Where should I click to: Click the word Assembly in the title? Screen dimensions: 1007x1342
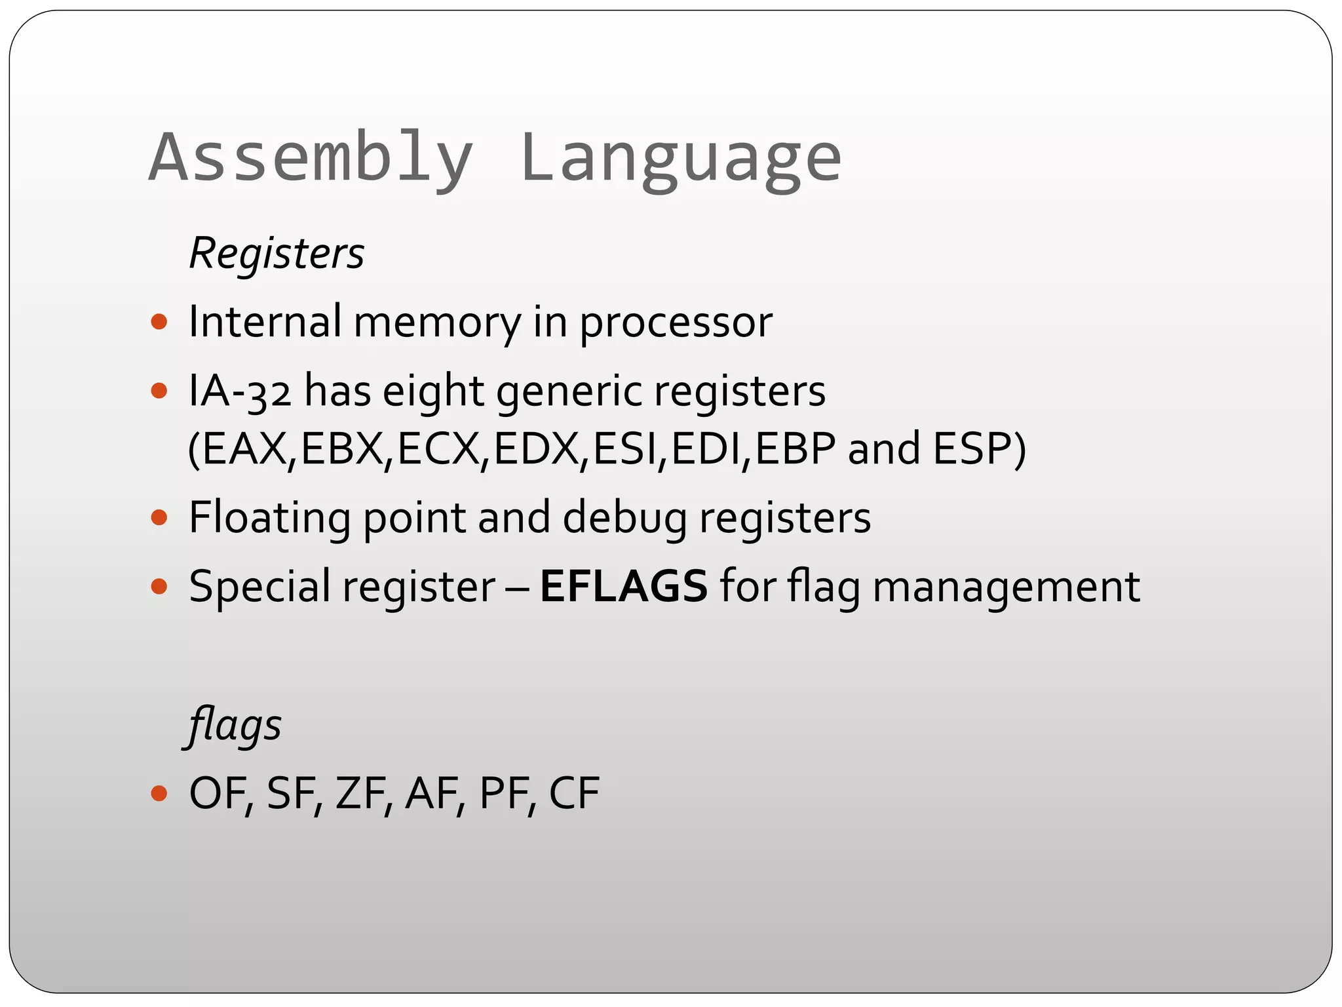coord(311,159)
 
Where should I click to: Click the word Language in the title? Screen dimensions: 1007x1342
coord(681,159)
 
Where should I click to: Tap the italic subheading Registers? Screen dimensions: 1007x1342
coord(277,253)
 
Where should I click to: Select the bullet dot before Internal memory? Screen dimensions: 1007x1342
coord(159,323)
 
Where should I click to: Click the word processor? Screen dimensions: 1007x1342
coord(676,323)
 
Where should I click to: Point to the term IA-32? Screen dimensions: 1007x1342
coord(240,391)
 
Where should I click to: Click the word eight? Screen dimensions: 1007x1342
coord(433,391)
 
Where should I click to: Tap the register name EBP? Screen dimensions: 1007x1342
coord(795,449)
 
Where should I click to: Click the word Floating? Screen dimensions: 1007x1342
coord(269,518)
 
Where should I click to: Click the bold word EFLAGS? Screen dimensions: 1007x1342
coord(623,586)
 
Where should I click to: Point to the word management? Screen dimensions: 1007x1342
coord(1006,586)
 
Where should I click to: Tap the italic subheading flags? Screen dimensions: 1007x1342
coord(235,726)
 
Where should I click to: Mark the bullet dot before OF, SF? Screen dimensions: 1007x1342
coord(159,794)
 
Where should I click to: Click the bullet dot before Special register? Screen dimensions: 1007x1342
coord(159,586)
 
